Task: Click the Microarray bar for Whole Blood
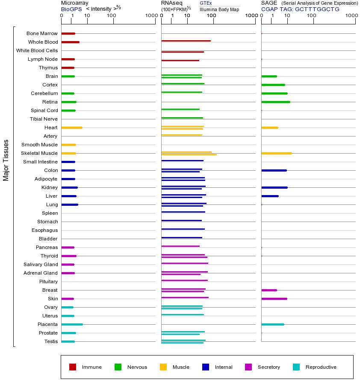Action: coord(70,42)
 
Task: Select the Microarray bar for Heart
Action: coord(72,127)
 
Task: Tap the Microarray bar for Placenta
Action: coord(72,324)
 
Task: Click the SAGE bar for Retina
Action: coord(276,102)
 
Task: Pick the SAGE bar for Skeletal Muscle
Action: coord(277,153)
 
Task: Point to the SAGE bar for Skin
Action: coord(274,299)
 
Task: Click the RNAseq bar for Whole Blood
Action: coord(186,41)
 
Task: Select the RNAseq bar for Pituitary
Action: coord(184,280)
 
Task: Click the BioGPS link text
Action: coord(71,9)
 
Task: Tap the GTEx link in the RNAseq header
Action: coord(206,3)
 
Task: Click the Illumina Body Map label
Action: coord(219,9)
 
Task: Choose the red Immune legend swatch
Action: coord(73,367)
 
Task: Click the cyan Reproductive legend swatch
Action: coord(296,367)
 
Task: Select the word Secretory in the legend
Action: coord(269,367)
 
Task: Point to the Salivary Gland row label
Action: coord(41,264)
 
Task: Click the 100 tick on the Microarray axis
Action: coord(112,16)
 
